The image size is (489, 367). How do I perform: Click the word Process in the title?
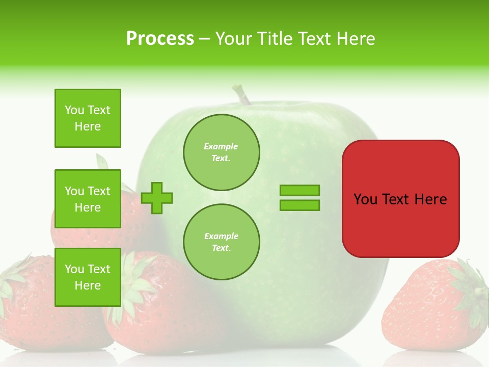click(x=160, y=39)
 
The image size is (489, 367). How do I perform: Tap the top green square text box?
click(x=88, y=118)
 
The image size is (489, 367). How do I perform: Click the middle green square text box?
click(x=88, y=199)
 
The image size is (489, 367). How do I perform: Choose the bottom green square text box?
click(x=88, y=277)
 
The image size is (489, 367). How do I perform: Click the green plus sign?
click(x=157, y=197)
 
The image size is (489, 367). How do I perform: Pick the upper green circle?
click(x=221, y=152)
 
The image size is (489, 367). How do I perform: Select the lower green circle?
click(x=221, y=242)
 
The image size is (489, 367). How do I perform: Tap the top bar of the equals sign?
click(x=300, y=190)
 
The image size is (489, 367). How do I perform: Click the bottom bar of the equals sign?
click(x=300, y=205)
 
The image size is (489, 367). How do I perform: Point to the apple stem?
click(x=241, y=95)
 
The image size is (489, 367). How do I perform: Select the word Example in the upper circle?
click(x=221, y=146)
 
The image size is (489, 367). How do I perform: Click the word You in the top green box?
click(x=74, y=110)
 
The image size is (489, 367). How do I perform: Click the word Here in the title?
click(x=355, y=39)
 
